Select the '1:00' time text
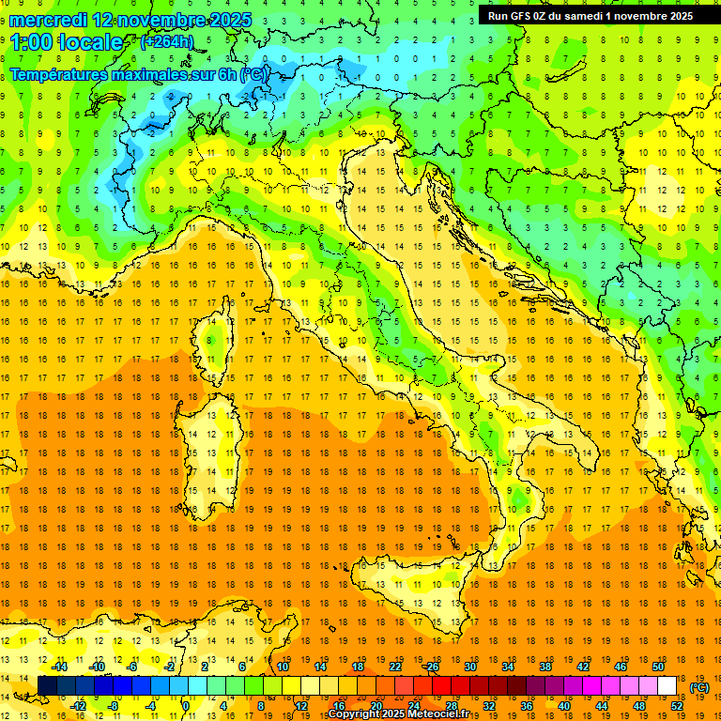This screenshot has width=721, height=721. point(34,42)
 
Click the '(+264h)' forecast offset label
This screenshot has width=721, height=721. point(166,42)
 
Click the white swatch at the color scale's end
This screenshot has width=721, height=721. point(667,686)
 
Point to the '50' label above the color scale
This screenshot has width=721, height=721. point(657,667)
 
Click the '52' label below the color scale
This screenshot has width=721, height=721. point(676,706)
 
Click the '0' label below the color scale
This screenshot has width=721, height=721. point(186,706)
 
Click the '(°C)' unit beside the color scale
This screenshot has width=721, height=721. point(699,687)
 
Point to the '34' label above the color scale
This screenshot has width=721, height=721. point(507,667)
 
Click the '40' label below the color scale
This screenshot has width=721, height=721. point(563,706)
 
